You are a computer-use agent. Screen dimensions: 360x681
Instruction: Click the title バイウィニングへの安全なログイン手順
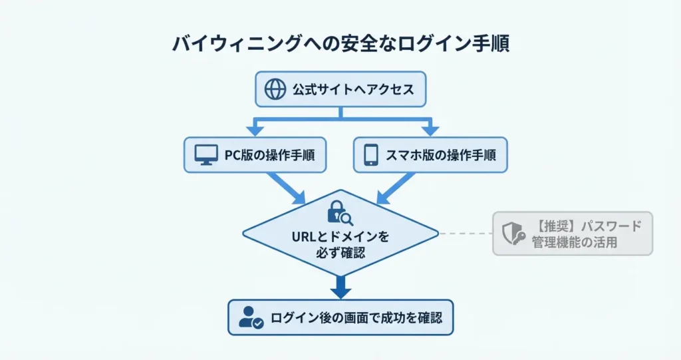pyautogui.click(x=340, y=44)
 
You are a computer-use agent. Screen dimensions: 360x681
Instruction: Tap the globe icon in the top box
pyautogui.click(x=275, y=89)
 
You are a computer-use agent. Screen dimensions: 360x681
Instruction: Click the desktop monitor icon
pyautogui.click(x=206, y=155)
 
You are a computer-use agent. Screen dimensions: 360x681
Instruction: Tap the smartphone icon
pyautogui.click(x=371, y=155)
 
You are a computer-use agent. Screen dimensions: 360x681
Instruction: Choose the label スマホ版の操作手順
pyautogui.click(x=440, y=155)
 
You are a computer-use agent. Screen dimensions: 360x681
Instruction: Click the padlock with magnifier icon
pyautogui.click(x=340, y=212)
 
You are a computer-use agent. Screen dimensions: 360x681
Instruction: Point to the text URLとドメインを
pyautogui.click(x=340, y=237)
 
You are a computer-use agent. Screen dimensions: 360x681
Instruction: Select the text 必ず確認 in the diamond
pyautogui.click(x=340, y=253)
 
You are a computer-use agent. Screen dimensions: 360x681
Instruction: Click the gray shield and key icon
pyautogui.click(x=512, y=234)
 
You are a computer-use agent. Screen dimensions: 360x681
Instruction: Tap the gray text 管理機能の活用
pyautogui.click(x=575, y=242)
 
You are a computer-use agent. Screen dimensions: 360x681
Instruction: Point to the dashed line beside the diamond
pyautogui.click(x=466, y=234)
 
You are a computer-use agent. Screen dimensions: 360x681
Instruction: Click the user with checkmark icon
pyautogui.click(x=250, y=317)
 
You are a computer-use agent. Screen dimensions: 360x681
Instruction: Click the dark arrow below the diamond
pyautogui.click(x=340, y=287)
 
